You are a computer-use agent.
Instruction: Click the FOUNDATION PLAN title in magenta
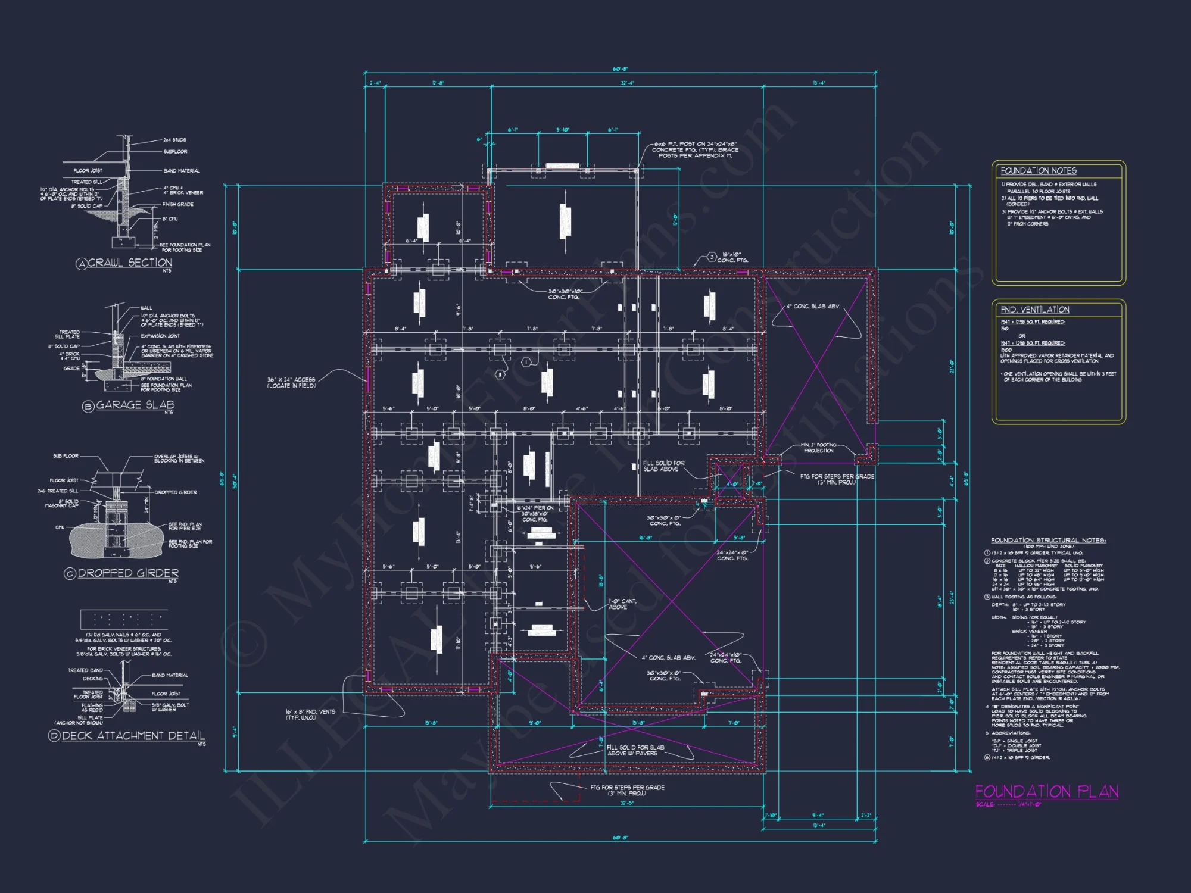(x=1046, y=791)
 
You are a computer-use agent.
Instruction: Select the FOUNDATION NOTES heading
(x=1039, y=171)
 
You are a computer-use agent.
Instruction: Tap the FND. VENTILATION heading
(x=1035, y=310)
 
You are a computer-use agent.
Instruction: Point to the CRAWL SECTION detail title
(x=130, y=263)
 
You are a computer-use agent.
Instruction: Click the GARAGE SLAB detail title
(x=135, y=405)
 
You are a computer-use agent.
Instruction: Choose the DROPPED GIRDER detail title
(x=128, y=573)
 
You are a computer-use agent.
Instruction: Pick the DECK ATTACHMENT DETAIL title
(x=133, y=736)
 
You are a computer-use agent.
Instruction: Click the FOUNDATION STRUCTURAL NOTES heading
(x=1048, y=541)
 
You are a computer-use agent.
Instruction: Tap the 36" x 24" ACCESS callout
(x=291, y=382)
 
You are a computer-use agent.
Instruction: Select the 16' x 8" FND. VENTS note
(x=310, y=714)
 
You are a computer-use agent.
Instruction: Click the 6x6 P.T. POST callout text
(x=695, y=149)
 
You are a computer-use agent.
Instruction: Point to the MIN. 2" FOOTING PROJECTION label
(x=818, y=448)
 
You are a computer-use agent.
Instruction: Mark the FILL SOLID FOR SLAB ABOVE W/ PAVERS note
(x=635, y=750)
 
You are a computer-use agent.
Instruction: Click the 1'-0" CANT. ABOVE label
(x=622, y=604)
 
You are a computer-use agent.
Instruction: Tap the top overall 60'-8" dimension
(x=620, y=70)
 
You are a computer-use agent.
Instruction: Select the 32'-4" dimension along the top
(x=627, y=83)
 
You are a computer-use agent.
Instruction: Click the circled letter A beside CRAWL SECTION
(x=82, y=264)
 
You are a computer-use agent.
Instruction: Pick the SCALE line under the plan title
(x=1008, y=805)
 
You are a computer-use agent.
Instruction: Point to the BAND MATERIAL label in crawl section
(x=182, y=171)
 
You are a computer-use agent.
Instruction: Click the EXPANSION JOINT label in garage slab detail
(x=160, y=336)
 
